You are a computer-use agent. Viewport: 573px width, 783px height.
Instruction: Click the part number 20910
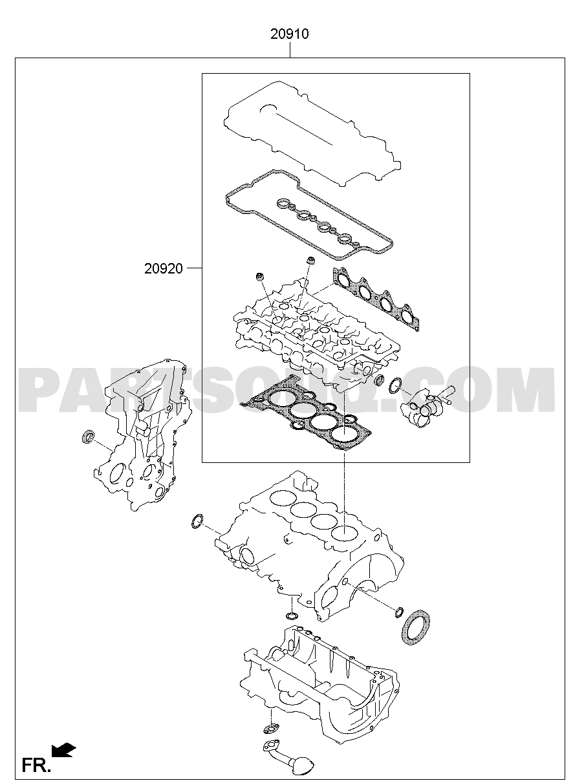pos(290,34)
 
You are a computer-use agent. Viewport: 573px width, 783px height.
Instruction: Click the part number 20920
pos(163,268)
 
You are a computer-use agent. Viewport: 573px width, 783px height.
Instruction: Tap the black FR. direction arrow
pos(63,750)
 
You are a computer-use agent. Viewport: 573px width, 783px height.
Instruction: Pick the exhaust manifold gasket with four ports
pos(376,299)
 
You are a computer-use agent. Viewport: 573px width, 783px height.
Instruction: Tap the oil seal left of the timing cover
pos(88,438)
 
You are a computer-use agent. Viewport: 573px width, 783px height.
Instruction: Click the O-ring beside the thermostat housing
pos(395,385)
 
